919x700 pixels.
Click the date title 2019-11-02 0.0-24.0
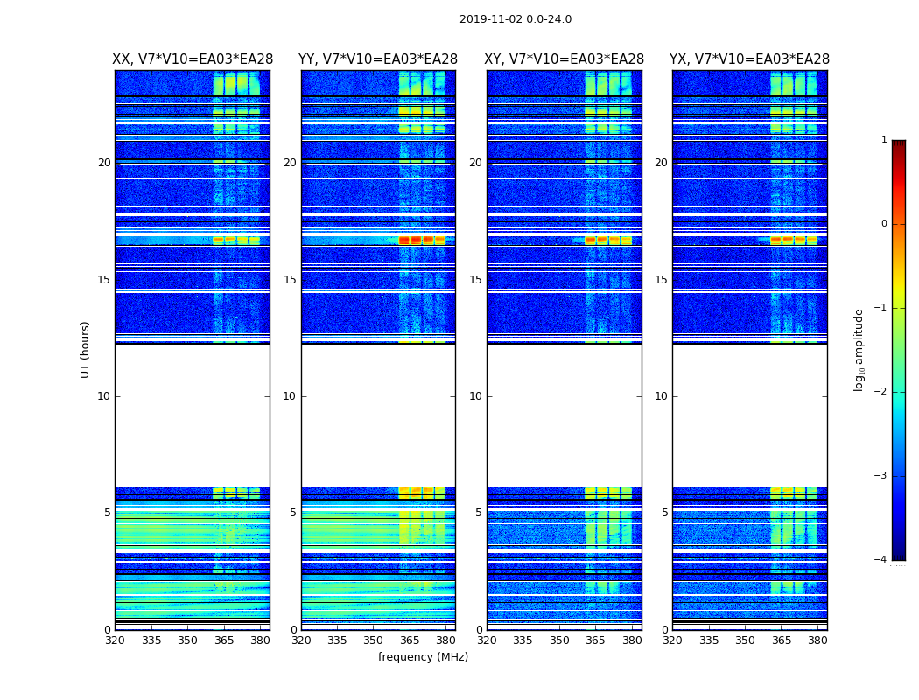[x=516, y=19]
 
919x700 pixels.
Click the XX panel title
[x=193, y=59]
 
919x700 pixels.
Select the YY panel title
[x=378, y=59]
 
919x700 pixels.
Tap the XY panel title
[x=565, y=59]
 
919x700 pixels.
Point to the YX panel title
[x=749, y=59]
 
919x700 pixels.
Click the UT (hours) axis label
[x=86, y=349]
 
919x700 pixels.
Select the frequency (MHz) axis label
[x=423, y=657]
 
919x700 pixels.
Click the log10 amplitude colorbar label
[x=859, y=349]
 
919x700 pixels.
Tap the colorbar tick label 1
[x=883, y=140]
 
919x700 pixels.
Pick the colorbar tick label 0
[x=883, y=224]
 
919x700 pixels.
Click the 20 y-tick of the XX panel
[x=104, y=163]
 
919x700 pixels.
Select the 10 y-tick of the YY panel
[x=290, y=396]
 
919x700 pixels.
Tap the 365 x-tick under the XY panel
[x=595, y=640]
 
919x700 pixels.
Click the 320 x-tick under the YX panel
[x=673, y=640]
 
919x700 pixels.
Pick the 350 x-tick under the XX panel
[x=187, y=640]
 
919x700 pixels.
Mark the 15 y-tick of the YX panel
[x=661, y=280]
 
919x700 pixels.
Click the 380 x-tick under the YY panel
[x=446, y=640]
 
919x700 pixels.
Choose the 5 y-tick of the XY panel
[x=479, y=513]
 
